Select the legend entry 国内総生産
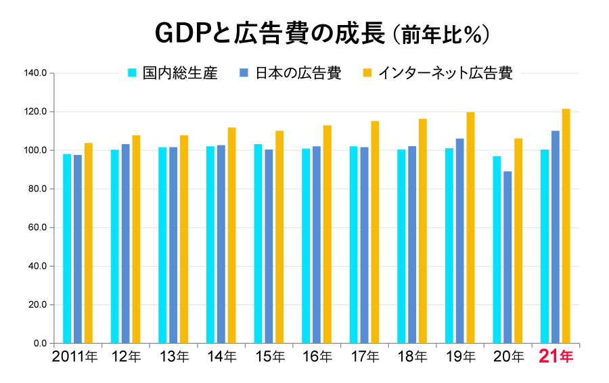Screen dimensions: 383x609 pos(180,73)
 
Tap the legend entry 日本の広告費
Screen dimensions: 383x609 pos(298,73)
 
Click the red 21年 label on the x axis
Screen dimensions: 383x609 pos(556,356)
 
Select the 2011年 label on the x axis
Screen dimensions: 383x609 pos(75,356)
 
